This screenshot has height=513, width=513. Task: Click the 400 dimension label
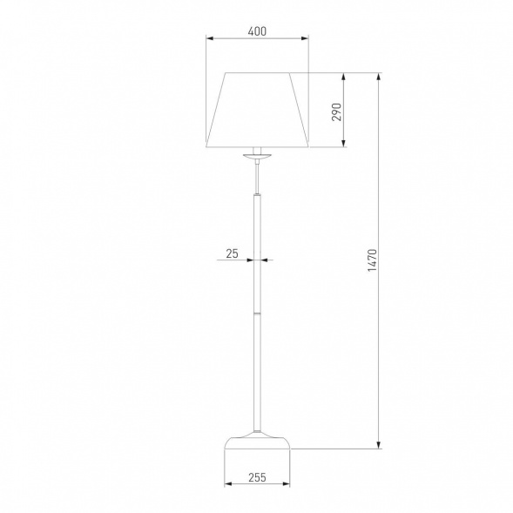[x=257, y=31]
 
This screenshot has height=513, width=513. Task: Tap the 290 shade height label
[x=336, y=111]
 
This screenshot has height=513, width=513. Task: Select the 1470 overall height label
[x=372, y=260]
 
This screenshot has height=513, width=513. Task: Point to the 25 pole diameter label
[x=232, y=253]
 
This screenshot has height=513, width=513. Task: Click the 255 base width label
[x=257, y=477]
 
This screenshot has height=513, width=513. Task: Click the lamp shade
[x=257, y=110]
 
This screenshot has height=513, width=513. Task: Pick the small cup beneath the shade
[x=257, y=156]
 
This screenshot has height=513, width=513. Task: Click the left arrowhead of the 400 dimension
[x=210, y=38]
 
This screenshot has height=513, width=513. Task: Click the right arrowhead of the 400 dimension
[x=305, y=38]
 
